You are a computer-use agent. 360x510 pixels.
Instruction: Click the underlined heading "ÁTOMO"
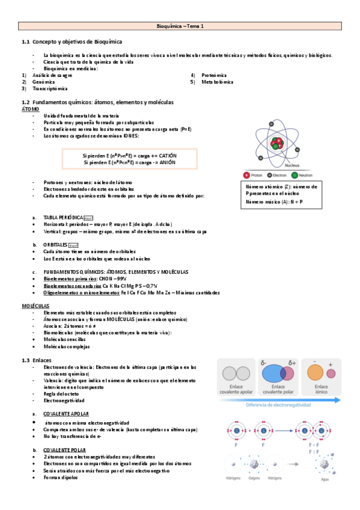[x=30, y=109]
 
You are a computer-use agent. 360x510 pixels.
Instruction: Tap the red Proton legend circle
[x=246, y=175]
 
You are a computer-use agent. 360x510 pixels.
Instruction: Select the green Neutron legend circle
[x=294, y=175]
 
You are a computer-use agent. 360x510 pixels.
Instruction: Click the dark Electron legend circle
[x=269, y=175]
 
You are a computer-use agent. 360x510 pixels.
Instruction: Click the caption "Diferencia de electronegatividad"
[x=279, y=405]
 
